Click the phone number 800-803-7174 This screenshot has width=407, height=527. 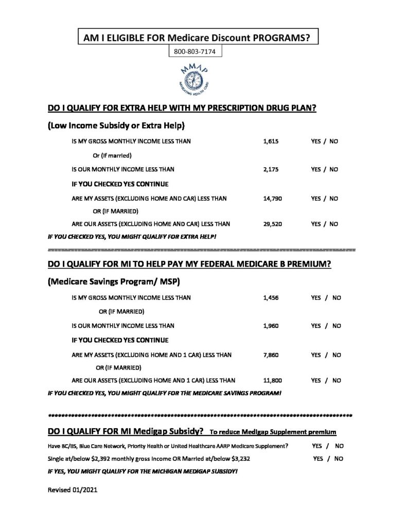pos(195,51)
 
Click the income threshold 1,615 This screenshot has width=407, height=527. pos(270,141)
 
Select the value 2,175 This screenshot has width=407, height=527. pos(270,169)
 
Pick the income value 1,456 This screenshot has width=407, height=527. pos(270,297)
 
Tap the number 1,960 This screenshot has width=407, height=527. pos(270,326)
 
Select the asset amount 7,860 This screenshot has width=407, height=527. pos(270,355)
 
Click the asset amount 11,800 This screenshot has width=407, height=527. pos(272,380)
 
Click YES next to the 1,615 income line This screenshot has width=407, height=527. pos(316,141)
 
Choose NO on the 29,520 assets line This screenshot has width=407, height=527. pos(333,224)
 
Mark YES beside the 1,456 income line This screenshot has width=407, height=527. pos(316,297)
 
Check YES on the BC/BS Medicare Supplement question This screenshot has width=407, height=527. pos(319,445)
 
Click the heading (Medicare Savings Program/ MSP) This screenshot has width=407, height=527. pos(113,282)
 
